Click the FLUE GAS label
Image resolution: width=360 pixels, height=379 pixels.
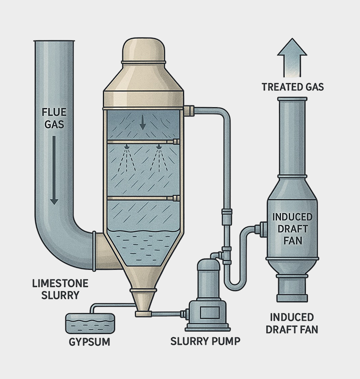point(54,118)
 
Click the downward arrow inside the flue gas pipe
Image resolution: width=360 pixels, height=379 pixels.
point(54,169)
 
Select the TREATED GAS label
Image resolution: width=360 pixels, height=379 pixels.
point(293,87)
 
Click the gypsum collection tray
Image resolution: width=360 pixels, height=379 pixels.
point(90,322)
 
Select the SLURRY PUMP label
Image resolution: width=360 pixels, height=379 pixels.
point(205,342)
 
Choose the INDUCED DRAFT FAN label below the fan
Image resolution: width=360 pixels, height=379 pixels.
point(292,323)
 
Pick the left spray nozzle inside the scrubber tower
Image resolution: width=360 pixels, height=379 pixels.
point(126,146)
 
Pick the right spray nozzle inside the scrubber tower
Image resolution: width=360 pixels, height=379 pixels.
point(159,146)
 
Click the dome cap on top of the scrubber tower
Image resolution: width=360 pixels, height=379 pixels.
point(144,51)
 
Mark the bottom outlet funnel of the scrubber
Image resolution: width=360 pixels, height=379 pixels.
point(144,301)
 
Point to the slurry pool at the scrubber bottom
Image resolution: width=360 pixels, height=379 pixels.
point(144,246)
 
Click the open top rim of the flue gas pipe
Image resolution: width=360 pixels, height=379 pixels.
point(54,42)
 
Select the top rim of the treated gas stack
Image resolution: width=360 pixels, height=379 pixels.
point(292,100)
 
